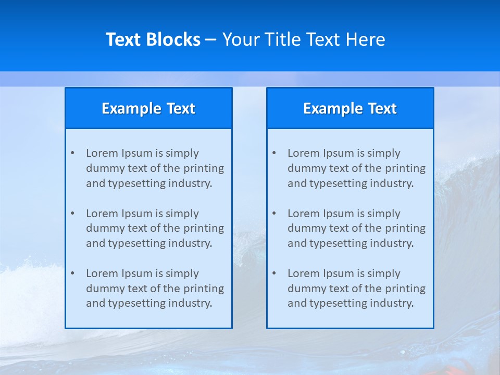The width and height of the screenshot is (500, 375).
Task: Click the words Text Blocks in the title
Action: [x=153, y=40]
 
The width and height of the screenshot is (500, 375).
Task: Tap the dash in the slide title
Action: [x=211, y=40]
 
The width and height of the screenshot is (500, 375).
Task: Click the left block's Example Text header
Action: [x=148, y=108]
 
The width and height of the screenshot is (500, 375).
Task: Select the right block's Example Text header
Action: [x=350, y=108]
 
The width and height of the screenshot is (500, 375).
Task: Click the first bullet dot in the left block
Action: [x=72, y=153]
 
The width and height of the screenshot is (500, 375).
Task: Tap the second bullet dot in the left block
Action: [x=72, y=214]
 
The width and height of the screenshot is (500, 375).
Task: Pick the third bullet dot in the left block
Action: [x=72, y=273]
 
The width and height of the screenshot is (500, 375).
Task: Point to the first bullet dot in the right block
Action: [x=274, y=153]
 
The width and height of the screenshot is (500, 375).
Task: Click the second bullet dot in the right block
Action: [x=274, y=214]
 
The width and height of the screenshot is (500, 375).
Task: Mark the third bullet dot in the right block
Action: [x=274, y=273]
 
